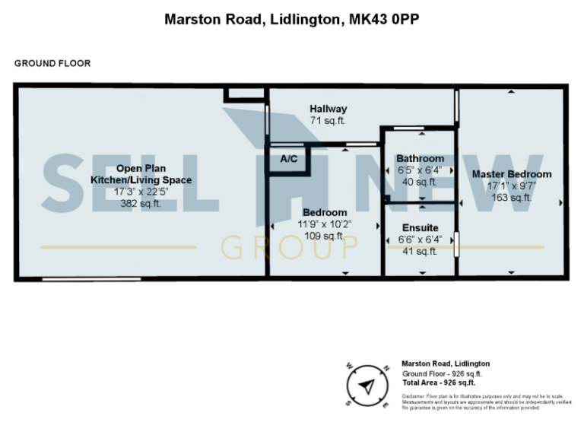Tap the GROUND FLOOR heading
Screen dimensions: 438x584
pyautogui.click(x=52, y=64)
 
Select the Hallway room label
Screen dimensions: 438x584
pyautogui.click(x=328, y=109)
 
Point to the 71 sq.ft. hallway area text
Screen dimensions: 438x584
pyautogui.click(x=328, y=120)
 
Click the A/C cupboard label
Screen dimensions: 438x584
pyautogui.click(x=289, y=159)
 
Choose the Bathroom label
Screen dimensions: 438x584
pyautogui.click(x=420, y=158)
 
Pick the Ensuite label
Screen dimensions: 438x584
pyautogui.click(x=420, y=227)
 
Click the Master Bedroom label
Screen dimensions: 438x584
pyautogui.click(x=512, y=174)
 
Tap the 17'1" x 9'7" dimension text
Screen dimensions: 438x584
pyautogui.click(x=512, y=186)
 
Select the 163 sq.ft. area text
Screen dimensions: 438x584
pyautogui.click(x=512, y=198)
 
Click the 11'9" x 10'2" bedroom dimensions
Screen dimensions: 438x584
pyautogui.click(x=325, y=224)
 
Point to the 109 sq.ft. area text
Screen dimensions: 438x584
pyautogui.click(x=325, y=236)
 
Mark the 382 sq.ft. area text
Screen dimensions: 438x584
pyautogui.click(x=141, y=204)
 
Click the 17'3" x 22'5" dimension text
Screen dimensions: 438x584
pyautogui.click(x=141, y=192)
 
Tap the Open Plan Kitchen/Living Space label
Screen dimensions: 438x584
pyautogui.click(x=141, y=174)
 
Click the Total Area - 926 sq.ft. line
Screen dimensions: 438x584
pyautogui.click(x=442, y=383)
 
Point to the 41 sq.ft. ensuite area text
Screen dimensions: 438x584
pyautogui.click(x=420, y=251)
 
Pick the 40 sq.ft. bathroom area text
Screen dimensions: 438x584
pyautogui.click(x=420, y=182)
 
